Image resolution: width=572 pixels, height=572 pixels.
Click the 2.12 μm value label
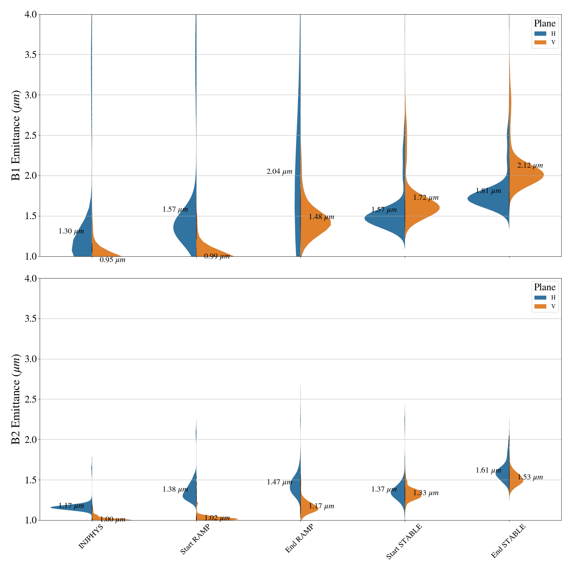pyautogui.click(x=530, y=166)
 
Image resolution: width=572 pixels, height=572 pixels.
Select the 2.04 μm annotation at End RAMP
pyautogui.click(x=279, y=172)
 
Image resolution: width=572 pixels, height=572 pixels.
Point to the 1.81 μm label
pyautogui.click(x=488, y=191)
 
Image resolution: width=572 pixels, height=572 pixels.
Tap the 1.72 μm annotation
pyautogui.click(x=425, y=198)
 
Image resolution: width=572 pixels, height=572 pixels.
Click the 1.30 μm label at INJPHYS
pyautogui.click(x=71, y=231)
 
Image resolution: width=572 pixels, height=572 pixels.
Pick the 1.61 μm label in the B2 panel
pyautogui.click(x=488, y=470)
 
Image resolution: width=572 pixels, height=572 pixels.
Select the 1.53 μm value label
pyautogui.click(x=530, y=477)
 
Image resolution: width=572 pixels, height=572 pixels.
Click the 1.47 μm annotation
pyautogui.click(x=279, y=482)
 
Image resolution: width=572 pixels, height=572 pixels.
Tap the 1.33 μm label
pyautogui.click(x=425, y=493)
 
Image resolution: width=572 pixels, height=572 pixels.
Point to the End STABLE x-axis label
pyautogui.click(x=508, y=541)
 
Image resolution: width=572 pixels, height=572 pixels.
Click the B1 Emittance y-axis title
pyautogui.click(x=16, y=135)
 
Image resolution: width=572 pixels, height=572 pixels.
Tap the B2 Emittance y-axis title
pyautogui.click(x=16, y=399)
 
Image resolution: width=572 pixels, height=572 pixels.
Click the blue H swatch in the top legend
pyautogui.click(x=540, y=34)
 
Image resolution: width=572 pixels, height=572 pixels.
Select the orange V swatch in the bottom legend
pyautogui.click(x=540, y=306)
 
